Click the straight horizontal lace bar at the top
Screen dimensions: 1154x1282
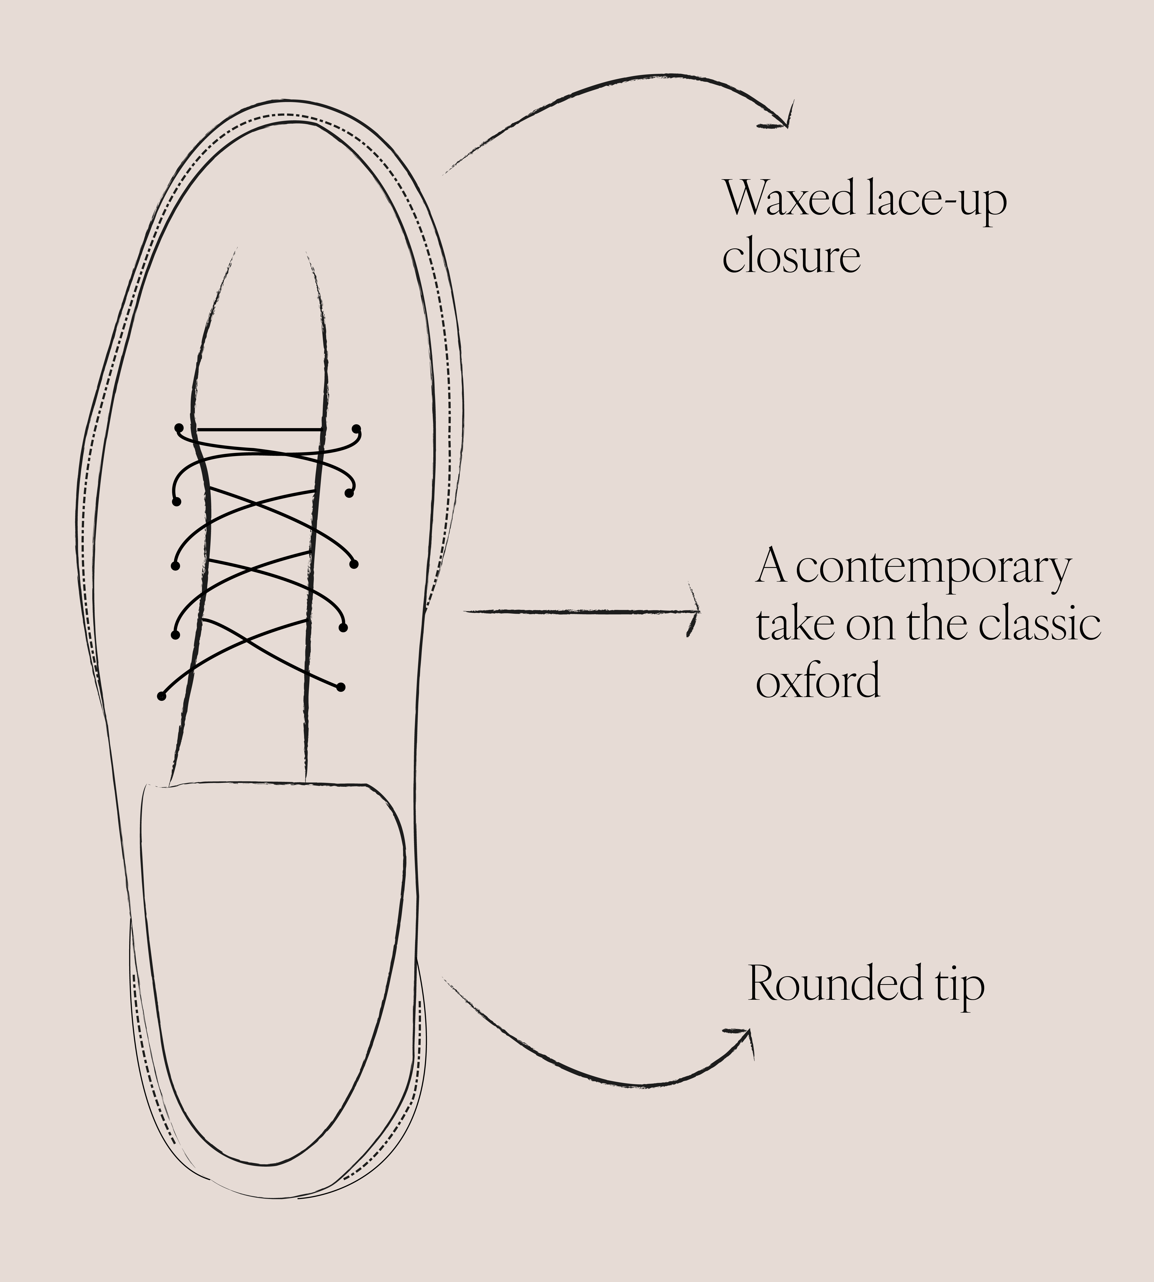(260, 430)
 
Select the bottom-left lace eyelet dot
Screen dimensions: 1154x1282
(162, 696)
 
